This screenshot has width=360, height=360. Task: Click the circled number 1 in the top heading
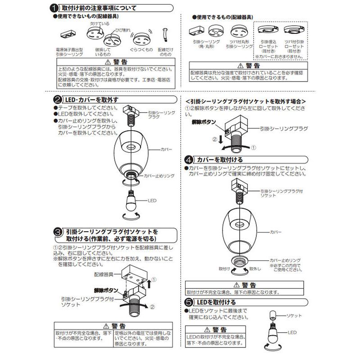tap(54, 8)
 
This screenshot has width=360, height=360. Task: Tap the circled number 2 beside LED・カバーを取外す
tap(58, 100)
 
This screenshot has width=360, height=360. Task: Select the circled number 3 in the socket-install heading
tap(58, 232)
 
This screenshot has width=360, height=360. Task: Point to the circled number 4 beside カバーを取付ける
tap(190, 159)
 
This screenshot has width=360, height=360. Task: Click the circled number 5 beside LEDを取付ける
tap(190, 302)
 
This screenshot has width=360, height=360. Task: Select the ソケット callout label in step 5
tap(294, 315)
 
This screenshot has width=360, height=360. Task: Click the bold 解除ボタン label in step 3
tap(106, 290)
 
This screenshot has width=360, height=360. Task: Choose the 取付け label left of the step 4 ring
tap(225, 268)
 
